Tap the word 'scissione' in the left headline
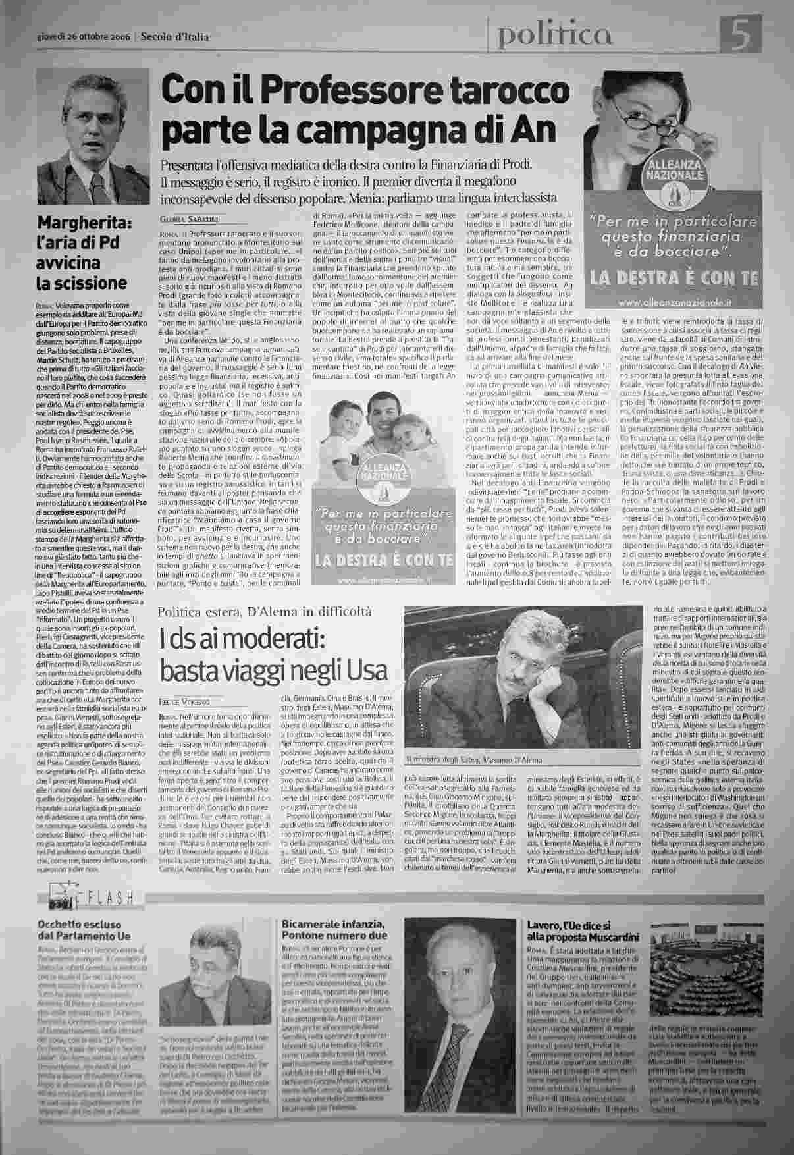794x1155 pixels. (81, 283)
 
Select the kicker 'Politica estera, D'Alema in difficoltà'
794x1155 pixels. (265, 612)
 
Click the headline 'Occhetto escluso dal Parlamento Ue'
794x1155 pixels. (86, 930)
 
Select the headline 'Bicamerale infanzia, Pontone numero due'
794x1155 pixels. (333, 930)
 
